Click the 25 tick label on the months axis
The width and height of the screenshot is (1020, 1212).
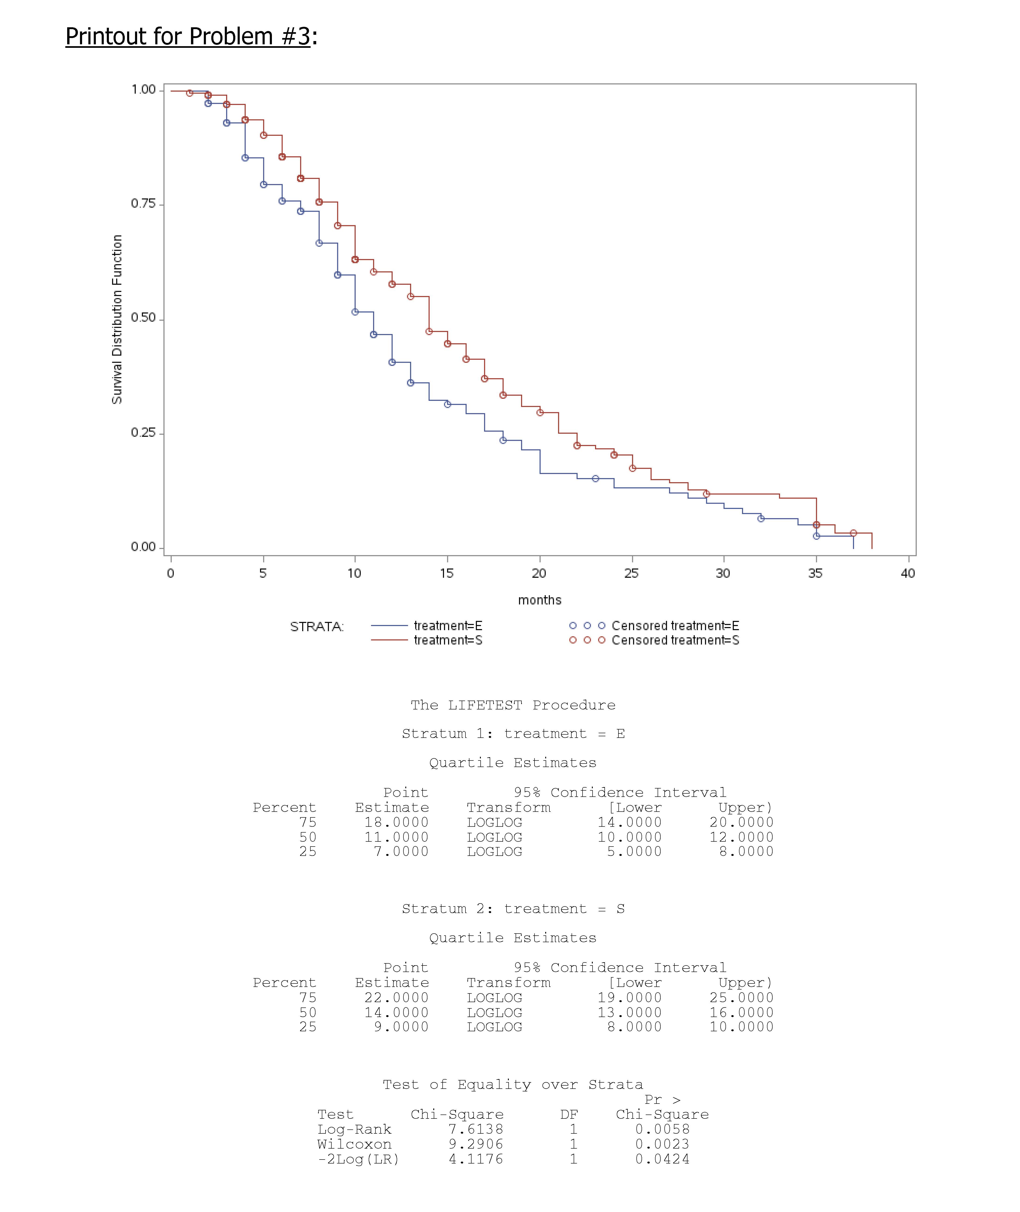pos(631,573)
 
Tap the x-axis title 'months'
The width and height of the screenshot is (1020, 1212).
pos(539,600)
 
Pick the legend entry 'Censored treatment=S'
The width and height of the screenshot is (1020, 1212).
pos(675,640)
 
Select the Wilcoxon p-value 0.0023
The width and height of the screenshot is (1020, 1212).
pos(662,1144)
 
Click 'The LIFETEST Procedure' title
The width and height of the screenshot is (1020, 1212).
pos(513,705)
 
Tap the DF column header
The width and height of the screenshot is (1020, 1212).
pos(569,1114)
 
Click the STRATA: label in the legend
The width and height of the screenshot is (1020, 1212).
pos(317,627)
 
